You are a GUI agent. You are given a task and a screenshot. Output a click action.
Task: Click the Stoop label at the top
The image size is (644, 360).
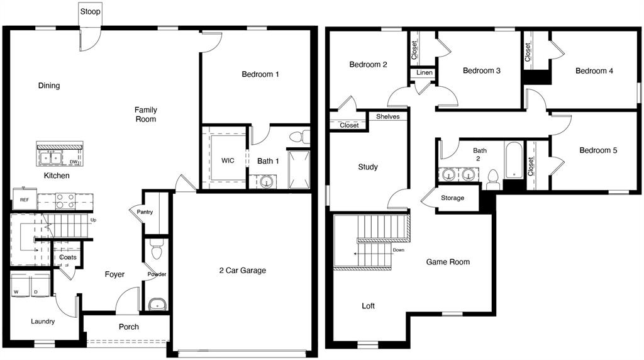coord(90,11)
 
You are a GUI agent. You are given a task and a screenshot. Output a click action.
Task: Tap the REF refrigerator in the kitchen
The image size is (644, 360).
coord(24,199)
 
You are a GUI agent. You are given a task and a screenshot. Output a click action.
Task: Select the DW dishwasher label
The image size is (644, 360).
coord(74,162)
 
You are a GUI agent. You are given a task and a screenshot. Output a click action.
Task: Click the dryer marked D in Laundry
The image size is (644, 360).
coord(37,291)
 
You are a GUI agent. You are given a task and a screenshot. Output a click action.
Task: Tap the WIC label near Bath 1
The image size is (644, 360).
coord(228,160)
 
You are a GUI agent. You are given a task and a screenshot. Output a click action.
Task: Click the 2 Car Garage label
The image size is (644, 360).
coord(242,271)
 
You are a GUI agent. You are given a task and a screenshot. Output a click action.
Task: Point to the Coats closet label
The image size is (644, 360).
coord(67,257)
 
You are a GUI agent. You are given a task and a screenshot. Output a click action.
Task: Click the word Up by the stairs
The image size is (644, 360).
coord(93,220)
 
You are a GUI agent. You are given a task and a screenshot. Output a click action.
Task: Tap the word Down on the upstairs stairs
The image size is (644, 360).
coord(398,250)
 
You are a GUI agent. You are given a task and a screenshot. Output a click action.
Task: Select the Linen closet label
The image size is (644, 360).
coord(425,73)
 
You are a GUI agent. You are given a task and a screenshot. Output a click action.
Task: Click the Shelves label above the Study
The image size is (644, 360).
coord(387,116)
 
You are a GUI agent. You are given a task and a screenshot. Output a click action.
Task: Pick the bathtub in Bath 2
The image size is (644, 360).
coord(514,160)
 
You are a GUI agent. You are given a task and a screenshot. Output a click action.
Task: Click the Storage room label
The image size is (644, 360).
coord(452,198)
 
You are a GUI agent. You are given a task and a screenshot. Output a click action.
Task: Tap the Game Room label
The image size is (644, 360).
coord(448,262)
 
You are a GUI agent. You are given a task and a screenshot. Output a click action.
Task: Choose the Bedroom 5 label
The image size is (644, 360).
coord(598,150)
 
